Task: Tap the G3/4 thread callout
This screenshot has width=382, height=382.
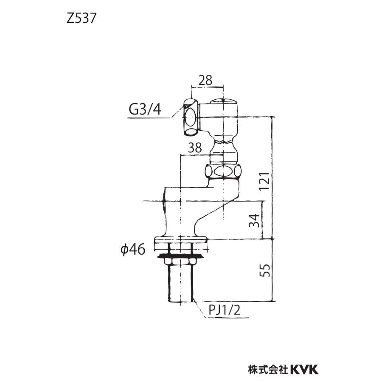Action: (145, 110)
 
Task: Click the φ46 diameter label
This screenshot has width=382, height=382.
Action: (133, 250)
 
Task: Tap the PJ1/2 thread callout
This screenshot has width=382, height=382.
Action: (225, 311)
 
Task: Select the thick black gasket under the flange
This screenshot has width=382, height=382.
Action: (181, 256)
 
